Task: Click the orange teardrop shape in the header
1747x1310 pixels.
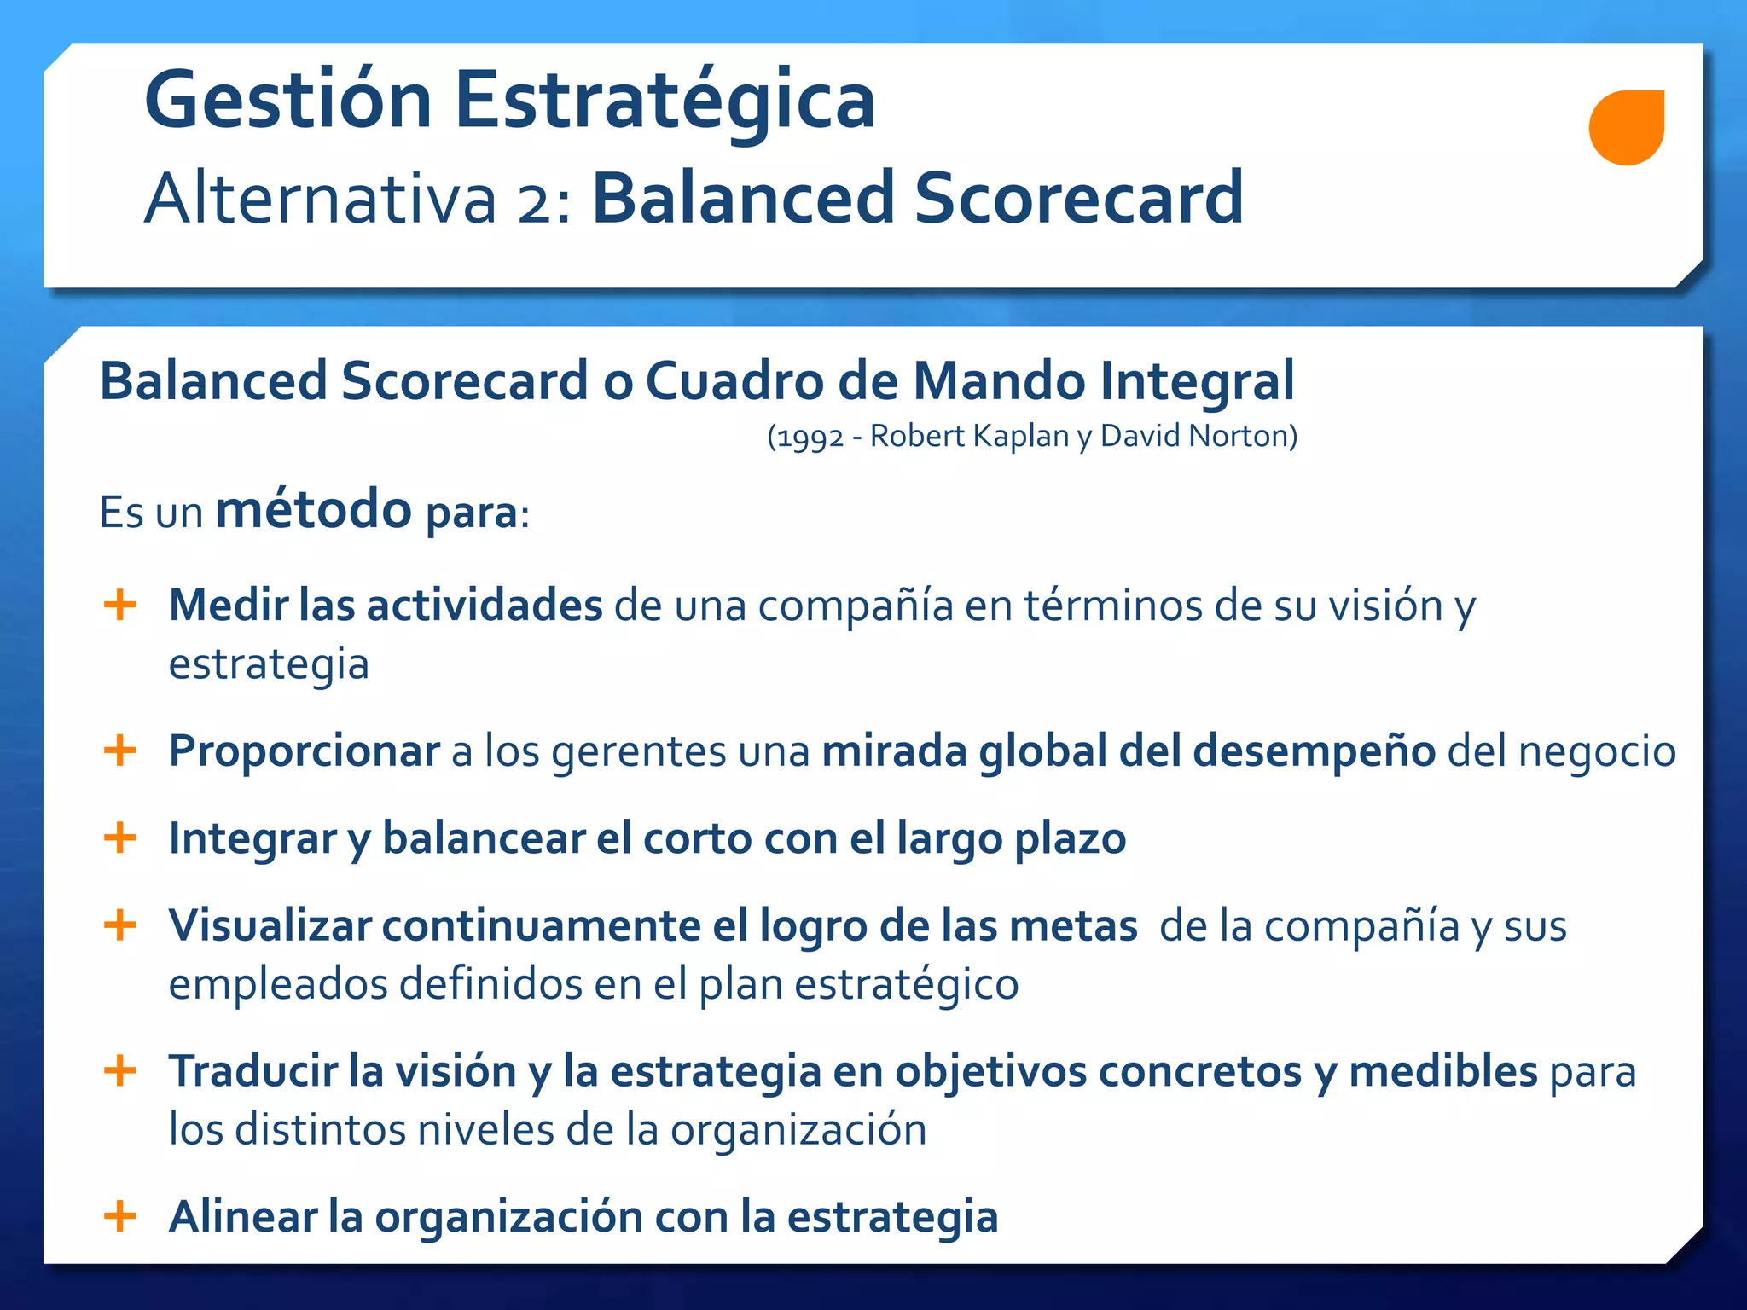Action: tap(1626, 128)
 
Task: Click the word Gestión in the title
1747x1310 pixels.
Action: tap(288, 101)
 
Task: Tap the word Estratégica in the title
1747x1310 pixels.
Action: tap(665, 101)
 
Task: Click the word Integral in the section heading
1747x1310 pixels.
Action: tap(1197, 380)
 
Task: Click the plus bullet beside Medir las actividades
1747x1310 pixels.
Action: tap(120, 605)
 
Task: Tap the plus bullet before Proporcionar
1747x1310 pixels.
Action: tap(120, 751)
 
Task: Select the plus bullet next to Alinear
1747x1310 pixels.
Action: tap(120, 1215)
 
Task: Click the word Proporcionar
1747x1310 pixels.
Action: tap(304, 751)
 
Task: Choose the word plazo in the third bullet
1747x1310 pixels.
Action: tap(1070, 839)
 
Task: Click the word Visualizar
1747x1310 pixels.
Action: tap(270, 925)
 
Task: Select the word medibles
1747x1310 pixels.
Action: tap(1443, 1071)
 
